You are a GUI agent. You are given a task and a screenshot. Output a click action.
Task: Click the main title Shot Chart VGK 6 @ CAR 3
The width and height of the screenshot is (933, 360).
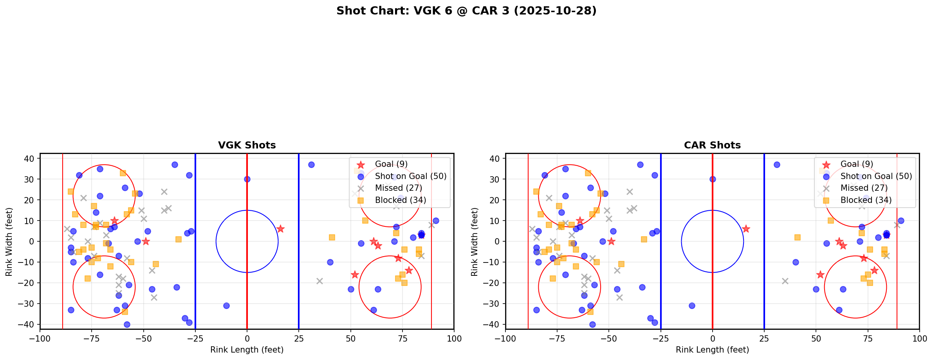pos(466,11)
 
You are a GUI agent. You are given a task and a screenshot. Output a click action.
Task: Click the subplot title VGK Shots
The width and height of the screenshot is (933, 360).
pos(247,145)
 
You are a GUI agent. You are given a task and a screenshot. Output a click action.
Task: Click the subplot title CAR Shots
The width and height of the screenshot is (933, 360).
pos(712,145)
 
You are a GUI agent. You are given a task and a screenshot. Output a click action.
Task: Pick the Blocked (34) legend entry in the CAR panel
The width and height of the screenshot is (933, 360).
pos(866,200)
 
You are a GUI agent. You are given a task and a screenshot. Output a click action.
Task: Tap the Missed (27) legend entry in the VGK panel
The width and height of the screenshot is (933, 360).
pos(398,188)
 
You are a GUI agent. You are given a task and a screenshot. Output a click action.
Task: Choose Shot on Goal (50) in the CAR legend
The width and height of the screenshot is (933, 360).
pos(876,176)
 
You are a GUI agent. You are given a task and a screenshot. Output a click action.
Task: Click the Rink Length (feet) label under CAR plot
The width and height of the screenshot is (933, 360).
pos(712,350)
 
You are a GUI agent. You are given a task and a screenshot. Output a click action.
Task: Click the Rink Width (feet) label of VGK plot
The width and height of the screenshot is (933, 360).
pos(9,242)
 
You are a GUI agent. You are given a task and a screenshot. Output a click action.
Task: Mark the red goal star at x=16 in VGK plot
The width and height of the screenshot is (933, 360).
pos(280,229)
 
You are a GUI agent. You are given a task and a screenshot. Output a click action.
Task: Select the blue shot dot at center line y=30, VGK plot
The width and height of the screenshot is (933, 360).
pos(247,179)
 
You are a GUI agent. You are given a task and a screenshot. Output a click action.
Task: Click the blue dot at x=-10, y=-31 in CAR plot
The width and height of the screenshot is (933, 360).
pos(692,306)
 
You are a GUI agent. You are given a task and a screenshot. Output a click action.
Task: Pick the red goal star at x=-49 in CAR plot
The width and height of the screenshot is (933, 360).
pos(611,241)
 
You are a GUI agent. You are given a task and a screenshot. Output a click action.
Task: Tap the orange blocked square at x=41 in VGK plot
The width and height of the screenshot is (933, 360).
pos(332,237)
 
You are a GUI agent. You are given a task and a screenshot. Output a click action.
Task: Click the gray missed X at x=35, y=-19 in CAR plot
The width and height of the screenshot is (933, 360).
pos(785,281)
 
